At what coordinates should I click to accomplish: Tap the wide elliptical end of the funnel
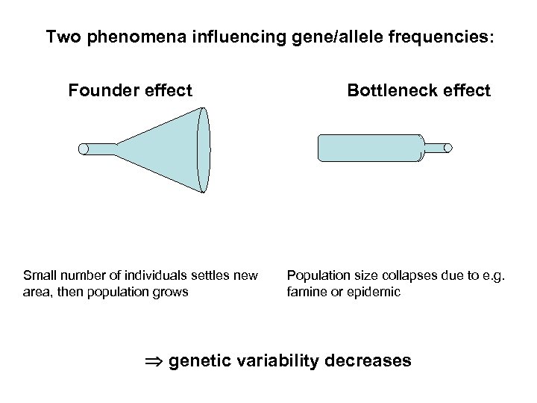coord(203,149)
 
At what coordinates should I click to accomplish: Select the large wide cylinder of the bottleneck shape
coord(369,148)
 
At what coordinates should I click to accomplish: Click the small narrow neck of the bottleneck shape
coord(439,148)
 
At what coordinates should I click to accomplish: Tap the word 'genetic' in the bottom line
coord(199,361)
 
